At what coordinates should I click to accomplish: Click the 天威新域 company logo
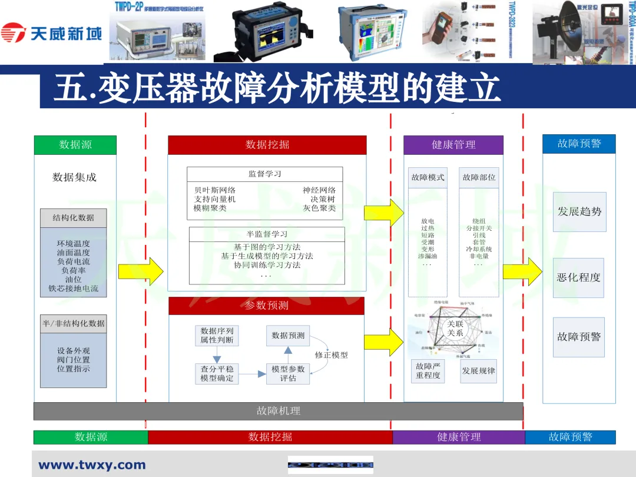[52, 32]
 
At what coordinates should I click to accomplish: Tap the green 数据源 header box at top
[75, 145]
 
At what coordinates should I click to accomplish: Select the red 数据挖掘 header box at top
[267, 145]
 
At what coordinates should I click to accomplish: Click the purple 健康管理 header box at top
[453, 145]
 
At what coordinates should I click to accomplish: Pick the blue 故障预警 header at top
[579, 144]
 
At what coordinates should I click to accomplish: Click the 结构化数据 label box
[74, 218]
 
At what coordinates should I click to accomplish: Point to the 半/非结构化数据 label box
[74, 323]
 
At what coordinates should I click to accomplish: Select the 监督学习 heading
[264, 174]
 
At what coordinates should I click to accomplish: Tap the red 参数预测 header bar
[266, 306]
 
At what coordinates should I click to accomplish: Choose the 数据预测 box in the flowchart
[288, 336]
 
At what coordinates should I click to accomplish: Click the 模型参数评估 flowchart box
[288, 373]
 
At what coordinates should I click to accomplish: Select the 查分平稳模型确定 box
[217, 373]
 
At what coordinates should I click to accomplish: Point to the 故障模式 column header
[428, 177]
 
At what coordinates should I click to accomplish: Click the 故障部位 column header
[479, 177]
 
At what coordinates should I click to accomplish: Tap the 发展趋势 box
[579, 211]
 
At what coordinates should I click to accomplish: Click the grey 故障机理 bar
[278, 411]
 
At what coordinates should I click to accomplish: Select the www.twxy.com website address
[92, 465]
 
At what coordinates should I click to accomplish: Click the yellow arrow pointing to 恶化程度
[522, 270]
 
